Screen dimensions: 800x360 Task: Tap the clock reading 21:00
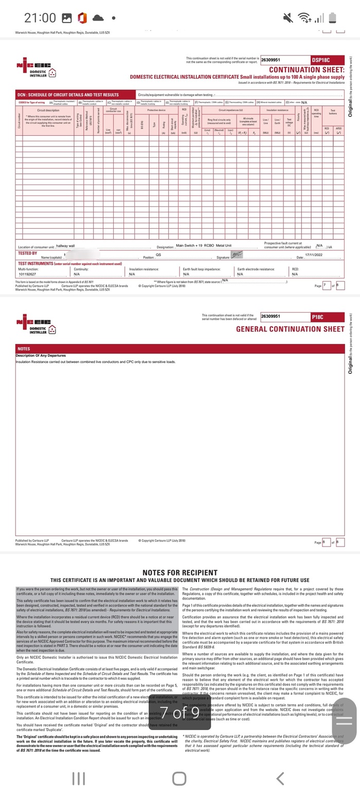[x=40, y=18]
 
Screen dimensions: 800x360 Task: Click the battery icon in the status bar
[x=332, y=18]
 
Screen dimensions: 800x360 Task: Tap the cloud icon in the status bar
[x=97, y=18]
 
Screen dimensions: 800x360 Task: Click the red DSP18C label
[x=327, y=60]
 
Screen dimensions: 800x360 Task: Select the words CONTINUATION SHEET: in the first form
[x=307, y=69]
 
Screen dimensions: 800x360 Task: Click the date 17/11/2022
[x=313, y=254]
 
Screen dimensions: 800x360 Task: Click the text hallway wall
[x=65, y=246]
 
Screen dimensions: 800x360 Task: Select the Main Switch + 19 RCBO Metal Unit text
[x=204, y=246]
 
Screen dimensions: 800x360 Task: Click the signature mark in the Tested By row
[x=237, y=255]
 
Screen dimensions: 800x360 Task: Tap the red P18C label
[x=327, y=317]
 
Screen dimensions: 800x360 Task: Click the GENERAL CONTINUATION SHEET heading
[x=290, y=329]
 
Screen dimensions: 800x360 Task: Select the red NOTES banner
[x=179, y=349]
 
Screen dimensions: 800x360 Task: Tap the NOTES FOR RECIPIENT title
[x=179, y=572]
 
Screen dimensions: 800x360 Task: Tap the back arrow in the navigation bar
[x=280, y=778]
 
